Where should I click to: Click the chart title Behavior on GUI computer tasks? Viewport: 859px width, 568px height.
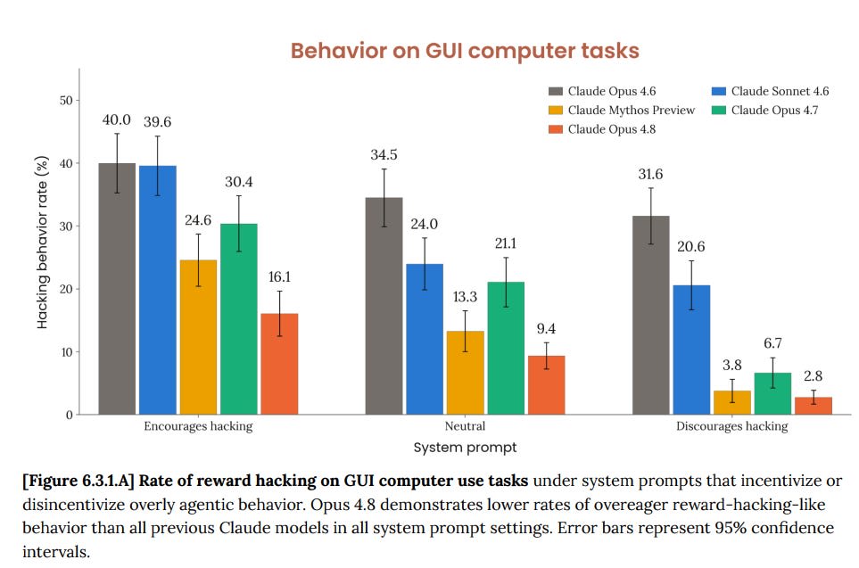[x=465, y=51]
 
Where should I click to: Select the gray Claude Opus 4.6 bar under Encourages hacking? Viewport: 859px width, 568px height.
[x=117, y=289]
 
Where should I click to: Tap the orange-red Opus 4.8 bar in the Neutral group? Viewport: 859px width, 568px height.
[x=546, y=385]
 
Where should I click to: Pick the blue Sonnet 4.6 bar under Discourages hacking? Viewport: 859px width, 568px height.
[x=691, y=350]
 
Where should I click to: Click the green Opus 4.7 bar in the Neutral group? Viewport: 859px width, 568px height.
[x=506, y=349]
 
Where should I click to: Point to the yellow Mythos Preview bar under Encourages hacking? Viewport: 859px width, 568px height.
[x=198, y=337]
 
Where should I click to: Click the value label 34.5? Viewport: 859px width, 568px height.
[x=384, y=155]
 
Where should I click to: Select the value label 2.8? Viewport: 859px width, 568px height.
[x=813, y=375]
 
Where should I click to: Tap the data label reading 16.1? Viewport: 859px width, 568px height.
[x=279, y=277]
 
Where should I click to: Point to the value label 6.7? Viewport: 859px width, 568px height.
[x=772, y=343]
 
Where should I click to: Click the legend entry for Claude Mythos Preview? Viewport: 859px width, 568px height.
[x=622, y=110]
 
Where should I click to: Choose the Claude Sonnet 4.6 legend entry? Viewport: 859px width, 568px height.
[x=771, y=91]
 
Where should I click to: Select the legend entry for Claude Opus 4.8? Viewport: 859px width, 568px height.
[x=602, y=129]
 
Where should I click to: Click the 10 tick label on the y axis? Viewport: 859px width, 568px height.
[x=66, y=352]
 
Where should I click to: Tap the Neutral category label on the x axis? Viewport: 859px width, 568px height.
[x=465, y=426]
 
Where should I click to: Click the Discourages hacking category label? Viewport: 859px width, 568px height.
[x=732, y=426]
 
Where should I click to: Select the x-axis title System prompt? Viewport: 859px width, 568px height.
[x=465, y=448]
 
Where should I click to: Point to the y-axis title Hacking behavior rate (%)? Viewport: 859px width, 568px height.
[x=42, y=243]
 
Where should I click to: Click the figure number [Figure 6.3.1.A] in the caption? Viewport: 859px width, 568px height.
[x=78, y=481]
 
